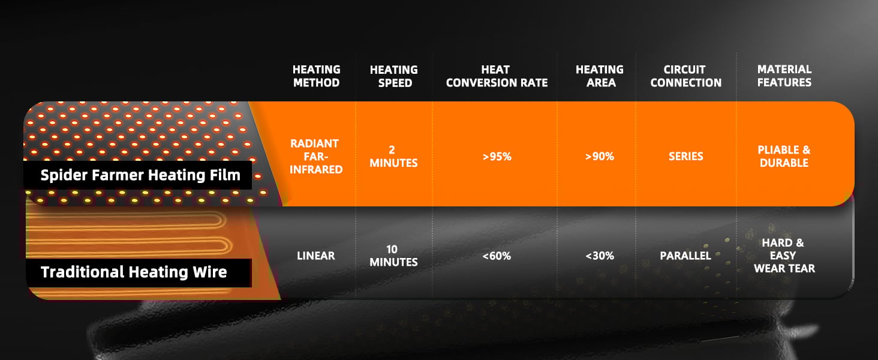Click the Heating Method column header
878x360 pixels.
tap(316, 76)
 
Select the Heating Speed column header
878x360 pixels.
tap(394, 76)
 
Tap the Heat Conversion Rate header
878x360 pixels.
tap(497, 76)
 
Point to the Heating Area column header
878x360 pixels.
tap(600, 76)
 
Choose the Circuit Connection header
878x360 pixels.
tap(685, 76)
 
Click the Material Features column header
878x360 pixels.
tap(784, 76)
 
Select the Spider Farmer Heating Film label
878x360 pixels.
tap(140, 175)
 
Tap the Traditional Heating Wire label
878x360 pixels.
tap(134, 272)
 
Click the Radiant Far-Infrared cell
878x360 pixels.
tap(316, 157)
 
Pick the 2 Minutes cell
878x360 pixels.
tap(393, 157)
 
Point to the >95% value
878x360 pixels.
tap(497, 157)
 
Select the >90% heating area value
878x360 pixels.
tap(600, 157)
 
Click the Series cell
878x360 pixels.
tap(685, 157)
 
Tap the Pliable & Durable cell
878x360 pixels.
tap(784, 156)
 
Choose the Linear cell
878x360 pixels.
tap(316, 256)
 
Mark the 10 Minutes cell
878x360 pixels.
tap(393, 256)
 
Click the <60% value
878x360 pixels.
tap(497, 256)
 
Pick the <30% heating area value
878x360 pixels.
tap(600, 256)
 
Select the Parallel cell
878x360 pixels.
tap(685, 256)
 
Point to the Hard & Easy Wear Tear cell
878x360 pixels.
tap(784, 255)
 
